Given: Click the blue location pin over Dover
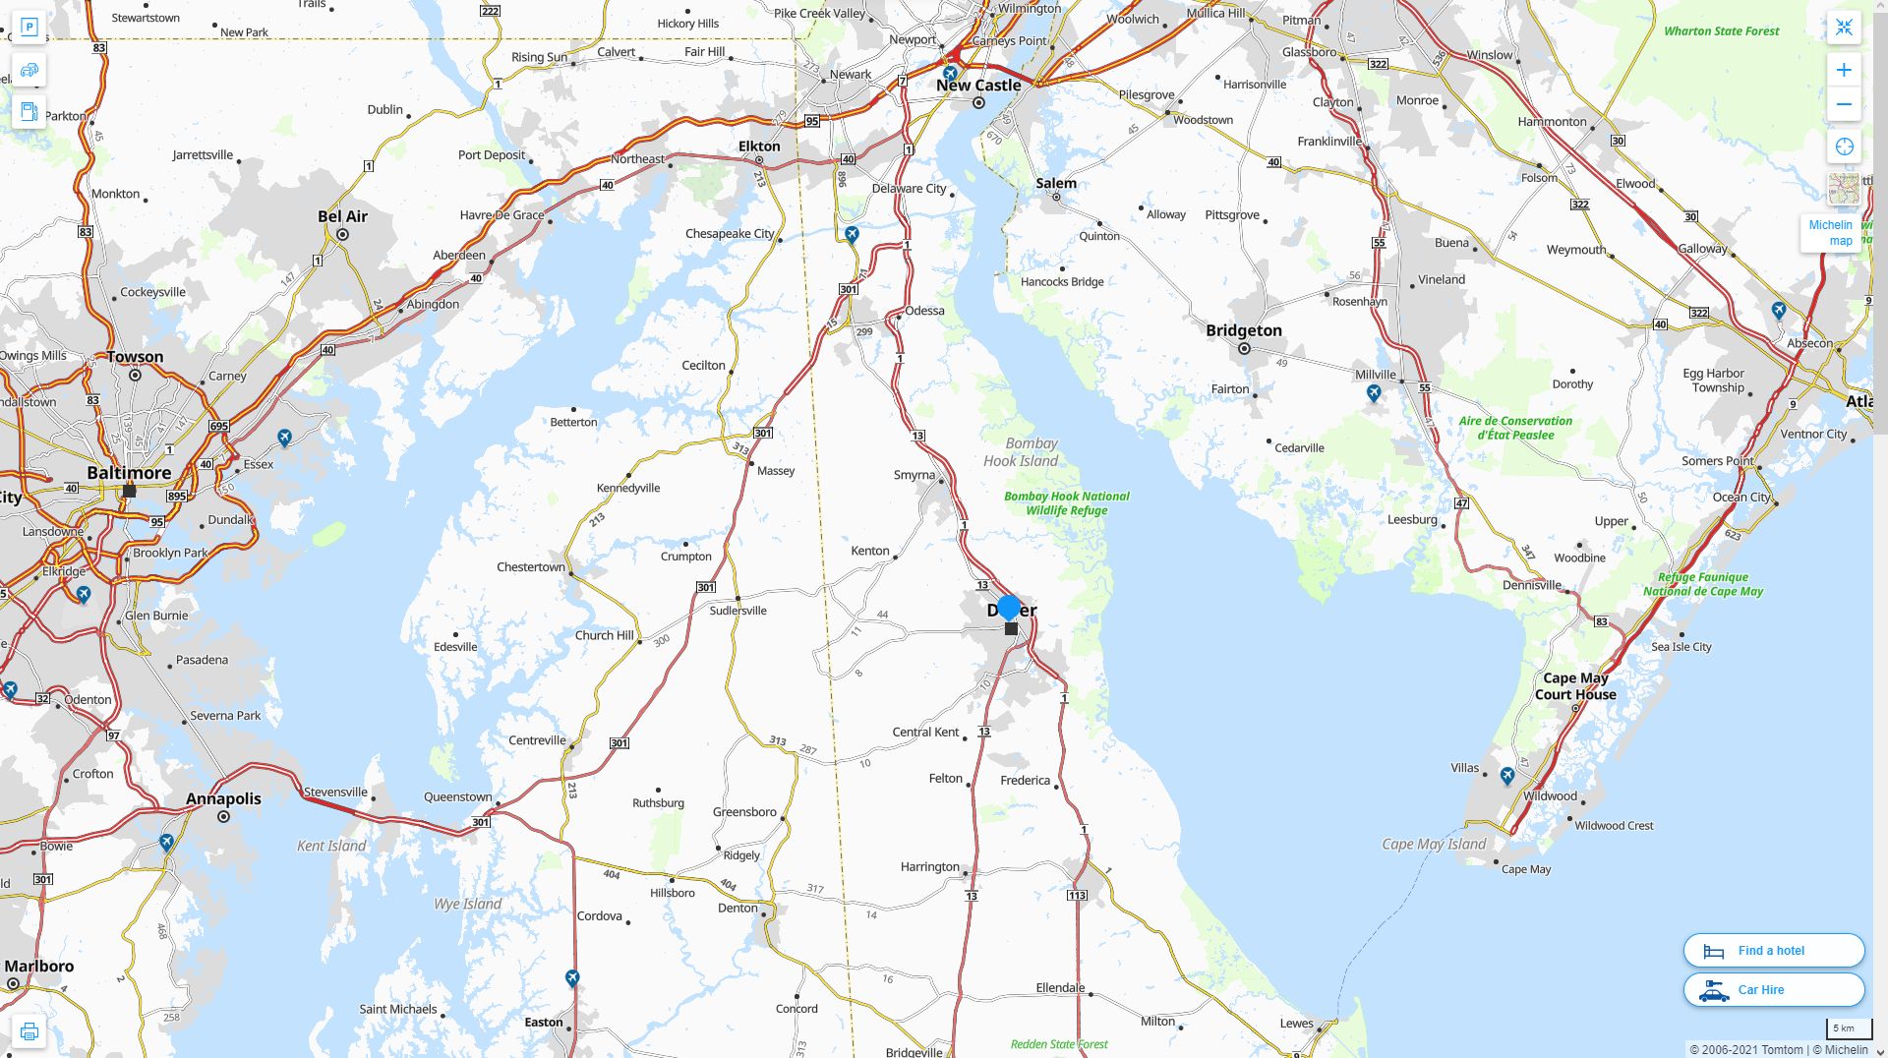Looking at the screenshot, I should click(1009, 608).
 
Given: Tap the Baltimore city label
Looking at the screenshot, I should click(129, 473).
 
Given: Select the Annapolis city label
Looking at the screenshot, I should click(223, 798).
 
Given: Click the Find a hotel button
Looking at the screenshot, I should click(1773, 951).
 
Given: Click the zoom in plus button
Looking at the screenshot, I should click(1844, 70).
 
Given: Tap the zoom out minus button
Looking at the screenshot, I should click(1844, 104).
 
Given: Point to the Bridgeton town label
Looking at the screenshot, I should click(1244, 330).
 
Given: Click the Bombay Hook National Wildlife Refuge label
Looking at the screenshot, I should click(1067, 503).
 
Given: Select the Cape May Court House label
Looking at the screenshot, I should click(1575, 686).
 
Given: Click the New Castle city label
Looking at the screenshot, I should click(978, 86).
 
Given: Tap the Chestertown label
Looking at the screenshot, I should click(531, 567).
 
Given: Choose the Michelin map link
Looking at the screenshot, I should click(1830, 233).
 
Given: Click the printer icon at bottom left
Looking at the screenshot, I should click(29, 1031).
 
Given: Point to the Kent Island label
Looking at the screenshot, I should click(331, 846).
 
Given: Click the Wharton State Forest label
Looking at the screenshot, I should click(1721, 31).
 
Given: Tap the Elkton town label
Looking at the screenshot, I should click(759, 147).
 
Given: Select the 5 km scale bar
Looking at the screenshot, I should click(1843, 1029).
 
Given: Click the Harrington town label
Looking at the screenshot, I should click(929, 867).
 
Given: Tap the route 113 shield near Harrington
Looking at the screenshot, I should click(1077, 896).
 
